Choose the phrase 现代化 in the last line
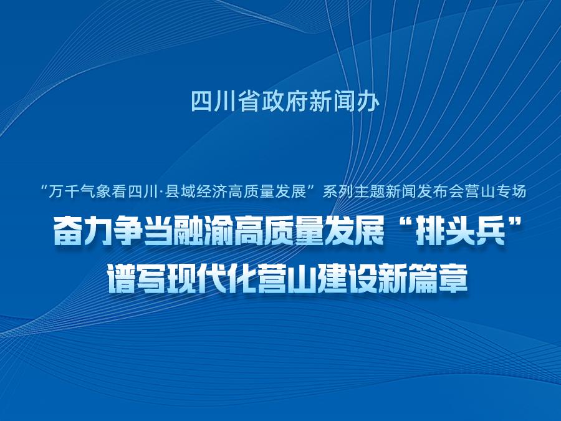pos(214,279)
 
